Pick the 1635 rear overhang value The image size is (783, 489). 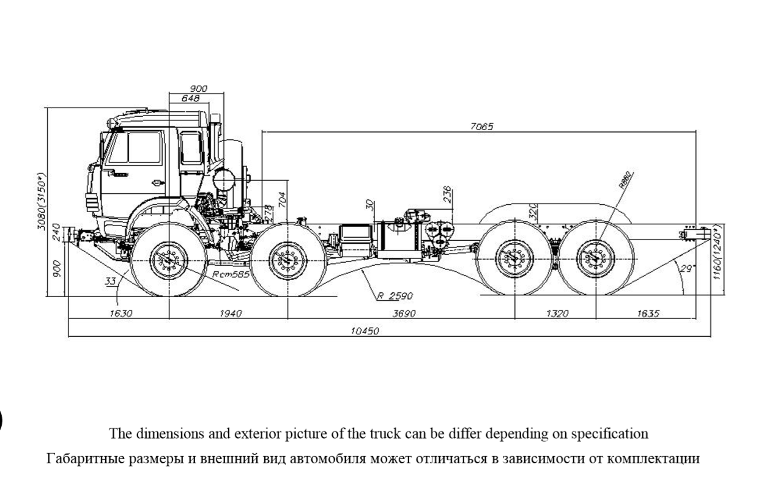[647, 314]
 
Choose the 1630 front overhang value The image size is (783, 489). [121, 314]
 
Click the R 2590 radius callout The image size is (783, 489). [395, 296]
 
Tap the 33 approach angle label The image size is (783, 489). [111, 281]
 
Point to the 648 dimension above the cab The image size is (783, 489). [191, 98]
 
